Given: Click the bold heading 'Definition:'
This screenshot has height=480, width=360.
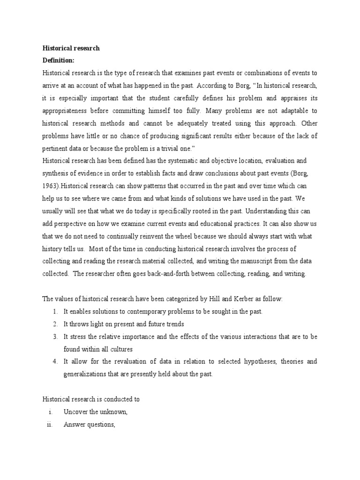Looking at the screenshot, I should pyautogui.click(x=59, y=60).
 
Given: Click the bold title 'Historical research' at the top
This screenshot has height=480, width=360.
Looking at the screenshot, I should pyautogui.click(x=71, y=48).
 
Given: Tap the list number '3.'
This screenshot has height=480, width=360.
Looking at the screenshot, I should pyautogui.click(x=55, y=336).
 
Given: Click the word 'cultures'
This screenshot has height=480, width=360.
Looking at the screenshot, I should pyautogui.click(x=120, y=349).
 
